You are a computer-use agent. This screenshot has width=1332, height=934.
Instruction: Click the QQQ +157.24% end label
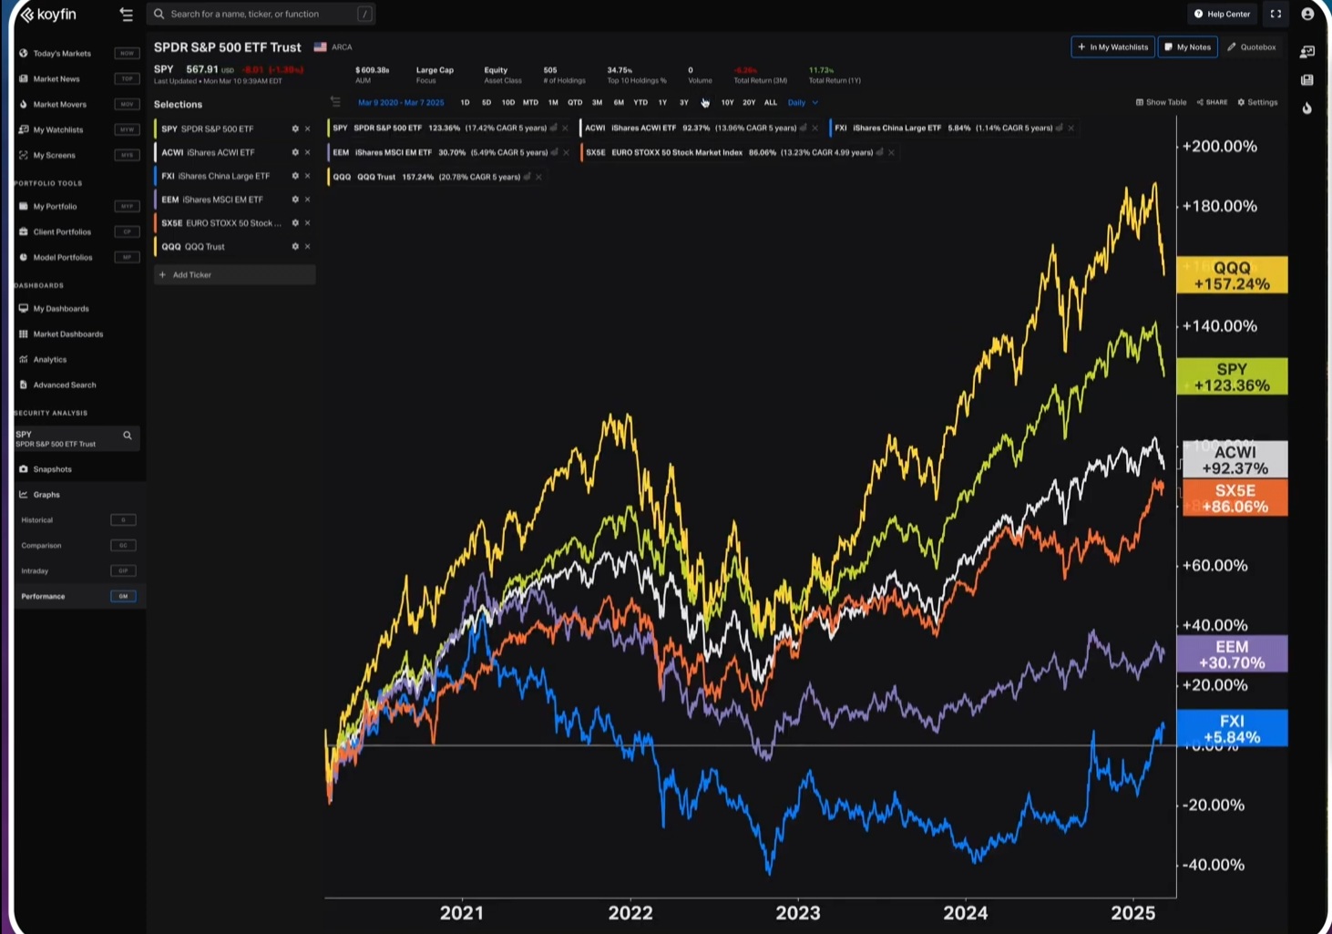(x=1232, y=275)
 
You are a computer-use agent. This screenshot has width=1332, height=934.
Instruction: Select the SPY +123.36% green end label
(x=1232, y=376)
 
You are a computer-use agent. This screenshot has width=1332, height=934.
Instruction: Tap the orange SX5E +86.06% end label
(x=1235, y=498)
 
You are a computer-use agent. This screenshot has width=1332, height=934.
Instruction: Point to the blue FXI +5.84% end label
(x=1232, y=728)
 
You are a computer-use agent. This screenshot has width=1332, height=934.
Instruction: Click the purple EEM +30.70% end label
(x=1232, y=654)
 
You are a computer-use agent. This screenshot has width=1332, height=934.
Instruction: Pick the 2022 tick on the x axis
(x=630, y=912)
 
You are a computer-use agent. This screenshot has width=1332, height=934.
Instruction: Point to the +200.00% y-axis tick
(x=1219, y=146)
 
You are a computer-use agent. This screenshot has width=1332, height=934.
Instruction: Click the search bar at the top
(x=261, y=14)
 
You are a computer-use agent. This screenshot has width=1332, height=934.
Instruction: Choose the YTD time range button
(x=640, y=102)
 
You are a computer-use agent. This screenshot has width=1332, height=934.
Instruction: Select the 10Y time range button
(x=727, y=102)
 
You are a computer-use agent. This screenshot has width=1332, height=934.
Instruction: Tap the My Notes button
(x=1187, y=46)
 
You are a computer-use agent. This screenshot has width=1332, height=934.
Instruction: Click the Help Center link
(x=1222, y=14)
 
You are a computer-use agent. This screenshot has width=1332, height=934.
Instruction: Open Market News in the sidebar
(x=56, y=78)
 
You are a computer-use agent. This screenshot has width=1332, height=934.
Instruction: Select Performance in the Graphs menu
(x=44, y=596)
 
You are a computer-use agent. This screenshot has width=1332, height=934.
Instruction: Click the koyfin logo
(x=49, y=15)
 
